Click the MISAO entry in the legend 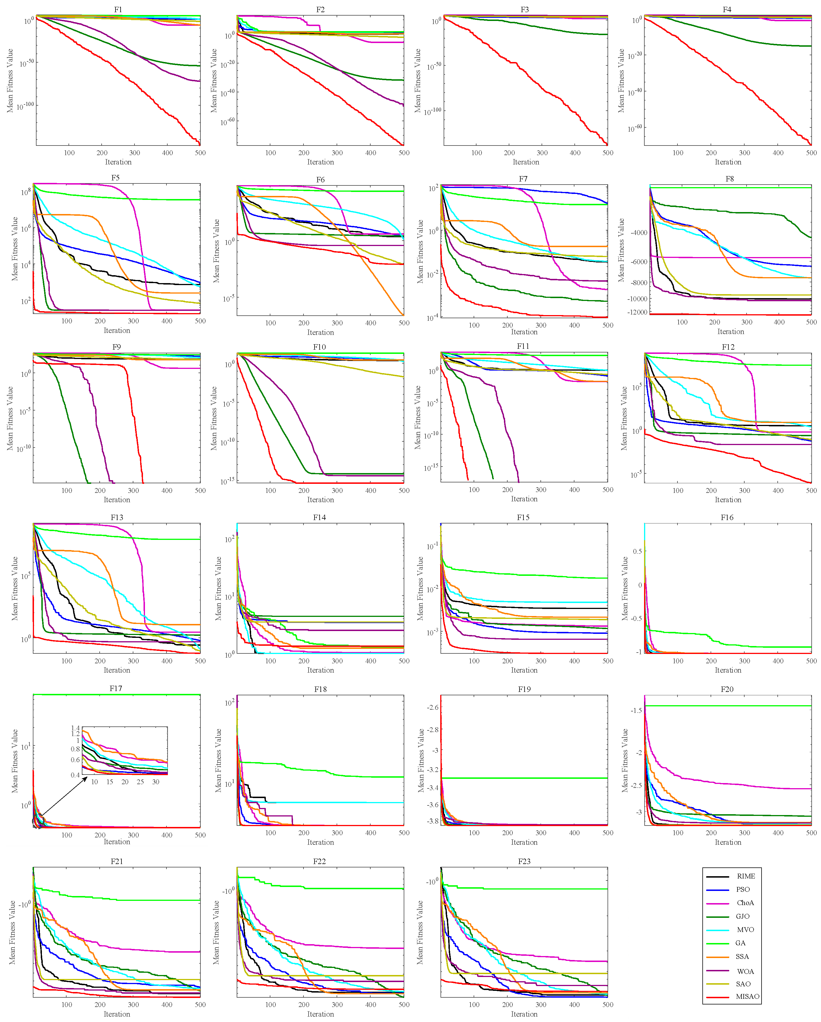click(747, 997)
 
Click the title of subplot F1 click(118, 9)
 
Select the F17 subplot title click(116, 688)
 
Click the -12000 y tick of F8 click(637, 312)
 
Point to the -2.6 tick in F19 click(432, 707)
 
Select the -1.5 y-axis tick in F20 click(636, 710)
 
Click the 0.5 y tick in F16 click(638, 551)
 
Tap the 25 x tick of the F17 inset click(140, 782)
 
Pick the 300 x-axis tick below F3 click(542, 153)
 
